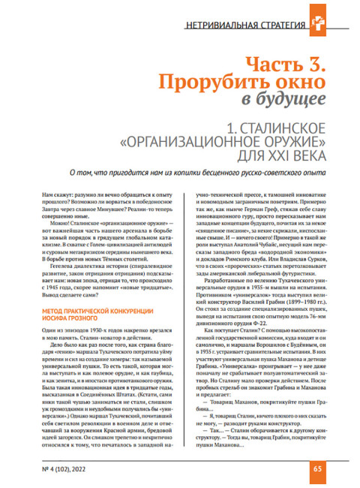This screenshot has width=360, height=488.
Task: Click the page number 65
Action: pos(317,469)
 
